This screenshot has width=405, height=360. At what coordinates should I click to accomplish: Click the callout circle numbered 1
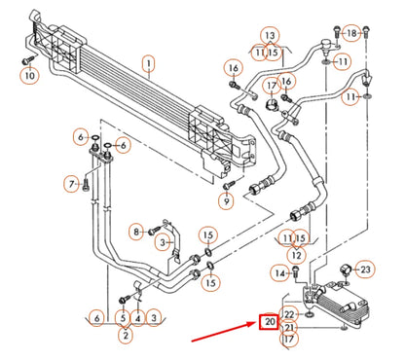coord(148,65)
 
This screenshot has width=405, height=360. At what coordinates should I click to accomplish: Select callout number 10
coord(29,76)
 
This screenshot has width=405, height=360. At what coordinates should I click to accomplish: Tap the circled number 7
coord(71,183)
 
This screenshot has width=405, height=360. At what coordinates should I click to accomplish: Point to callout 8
coord(137,231)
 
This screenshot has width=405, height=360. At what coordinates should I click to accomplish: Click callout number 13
coord(269,36)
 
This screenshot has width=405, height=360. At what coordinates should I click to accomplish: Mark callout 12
coord(296,255)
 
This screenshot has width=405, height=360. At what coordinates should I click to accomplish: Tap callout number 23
coord(365,269)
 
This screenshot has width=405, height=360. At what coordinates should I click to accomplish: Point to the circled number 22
coord(289,314)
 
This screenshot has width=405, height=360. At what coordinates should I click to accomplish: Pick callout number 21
coord(289,328)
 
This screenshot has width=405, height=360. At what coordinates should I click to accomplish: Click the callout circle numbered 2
coord(125,335)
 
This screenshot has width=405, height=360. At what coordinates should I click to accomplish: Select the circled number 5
coord(122,317)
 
